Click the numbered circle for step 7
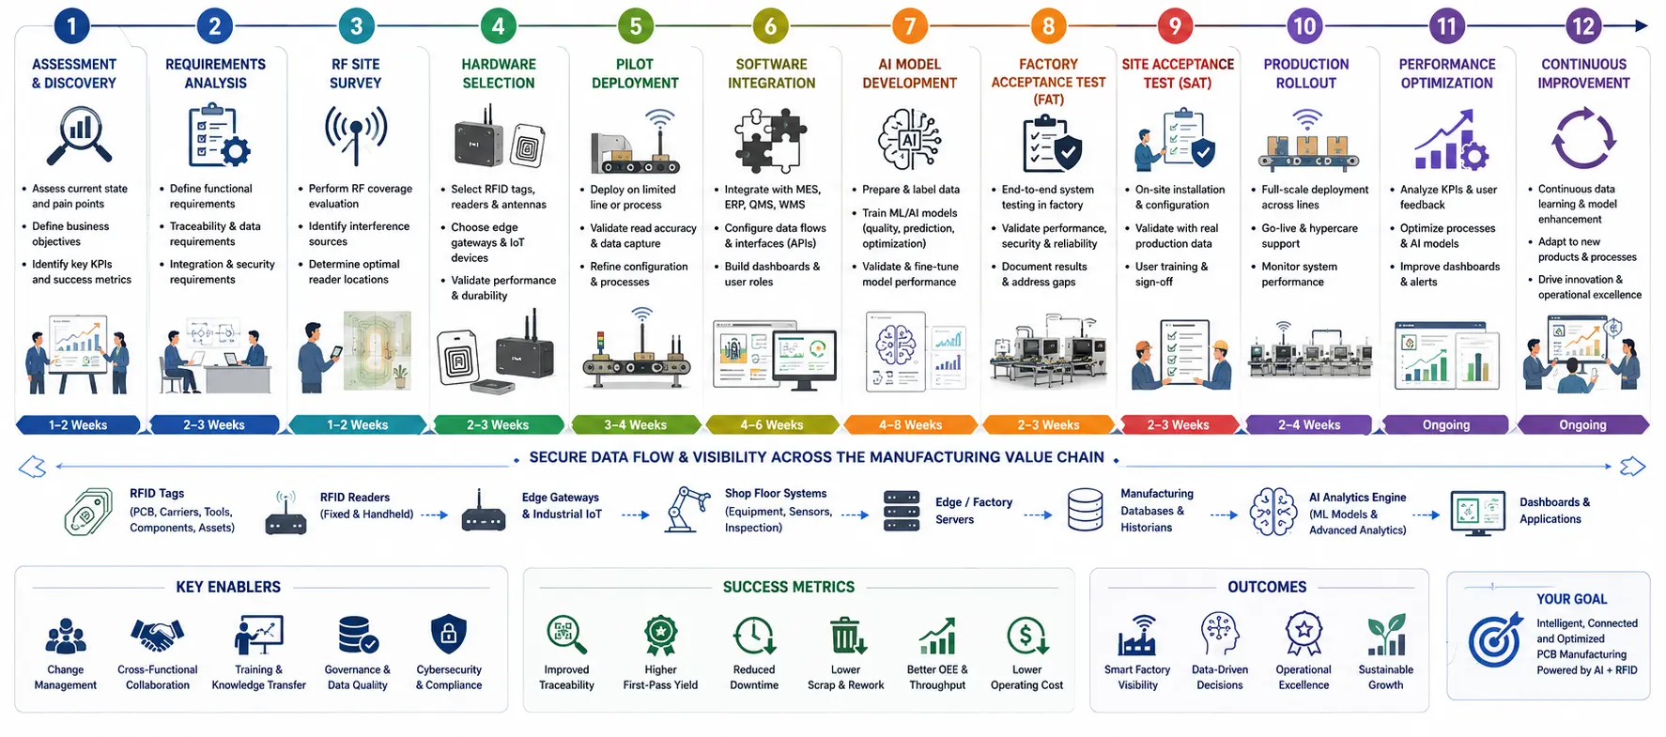pos(909,25)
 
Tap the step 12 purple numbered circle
pos(1583,25)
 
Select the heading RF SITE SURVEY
pos(355,73)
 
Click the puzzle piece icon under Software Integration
pos(770,140)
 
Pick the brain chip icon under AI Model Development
pos(909,140)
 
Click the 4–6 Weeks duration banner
pos(771,424)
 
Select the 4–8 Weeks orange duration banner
pos(910,424)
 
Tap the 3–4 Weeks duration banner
pos(636,424)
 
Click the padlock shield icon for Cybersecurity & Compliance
pos(449,635)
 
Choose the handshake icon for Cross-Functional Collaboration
pos(157,636)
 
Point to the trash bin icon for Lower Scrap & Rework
pos(846,636)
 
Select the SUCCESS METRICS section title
pos(789,587)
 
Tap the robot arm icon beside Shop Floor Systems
pos(687,509)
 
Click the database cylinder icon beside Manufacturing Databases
pos(1085,510)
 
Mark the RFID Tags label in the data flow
pos(157,493)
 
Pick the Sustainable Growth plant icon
pos(1386,635)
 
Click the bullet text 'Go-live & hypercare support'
pos(1309,236)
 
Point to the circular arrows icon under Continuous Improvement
pos(1583,139)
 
